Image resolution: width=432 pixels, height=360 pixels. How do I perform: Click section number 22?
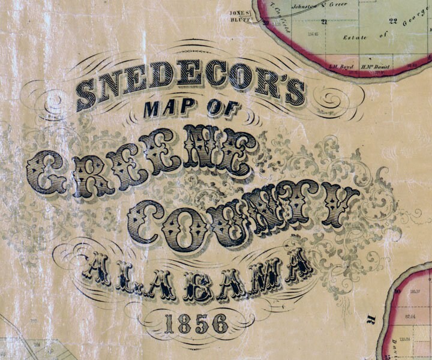pyautogui.click(x=393, y=22)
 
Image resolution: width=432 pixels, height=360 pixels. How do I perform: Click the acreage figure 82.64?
pyautogui.click(x=411, y=315)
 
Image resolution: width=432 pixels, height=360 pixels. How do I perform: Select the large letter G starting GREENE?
pyautogui.click(x=46, y=172)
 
